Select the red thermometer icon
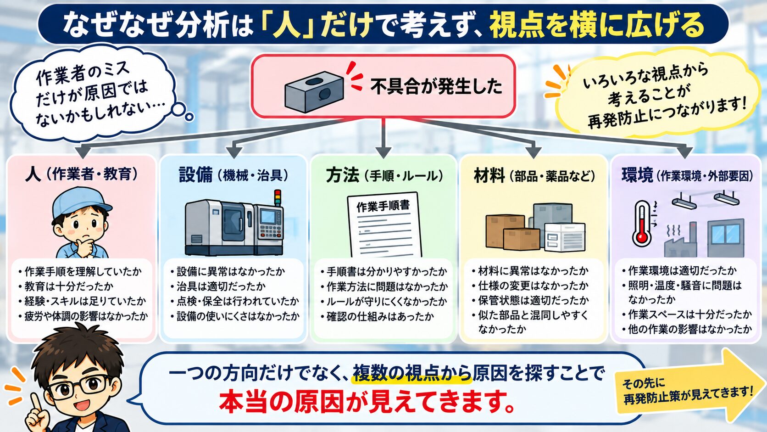[x=642, y=224]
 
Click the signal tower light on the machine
[x=278, y=198]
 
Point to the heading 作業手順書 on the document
[x=383, y=206]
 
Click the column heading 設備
[x=196, y=175]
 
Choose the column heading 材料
[x=489, y=175]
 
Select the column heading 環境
[x=637, y=175]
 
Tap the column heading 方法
[x=342, y=175]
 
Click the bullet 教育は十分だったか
[x=66, y=286]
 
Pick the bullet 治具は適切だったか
[x=218, y=286]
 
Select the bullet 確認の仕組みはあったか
[x=378, y=316]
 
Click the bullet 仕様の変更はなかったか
[x=530, y=286]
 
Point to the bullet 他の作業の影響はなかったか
[x=687, y=329]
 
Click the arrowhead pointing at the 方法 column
[x=383, y=152]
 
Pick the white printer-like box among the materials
[x=564, y=237]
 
